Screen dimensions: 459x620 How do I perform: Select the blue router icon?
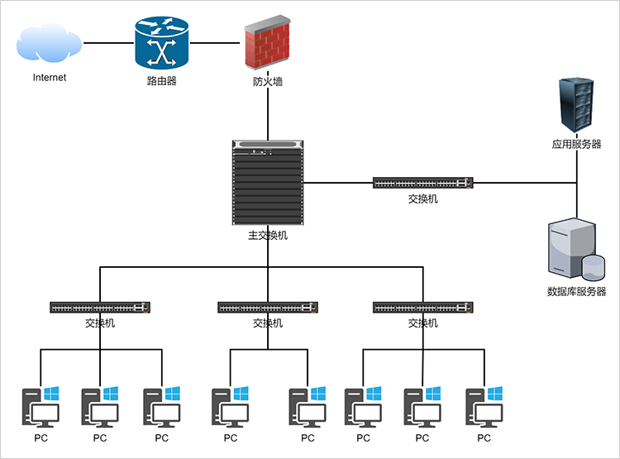(x=162, y=43)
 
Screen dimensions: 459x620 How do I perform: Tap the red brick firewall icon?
(x=268, y=45)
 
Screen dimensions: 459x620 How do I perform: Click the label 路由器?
(x=162, y=81)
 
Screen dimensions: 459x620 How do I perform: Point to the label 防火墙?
(x=268, y=82)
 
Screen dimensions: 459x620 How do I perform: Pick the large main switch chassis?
(x=268, y=183)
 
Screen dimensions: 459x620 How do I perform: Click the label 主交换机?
(x=268, y=236)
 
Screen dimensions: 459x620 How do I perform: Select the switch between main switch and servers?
(x=422, y=183)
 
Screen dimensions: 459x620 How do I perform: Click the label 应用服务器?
(x=577, y=144)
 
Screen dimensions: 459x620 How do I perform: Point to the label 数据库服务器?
(x=577, y=292)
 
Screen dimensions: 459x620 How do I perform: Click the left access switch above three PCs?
(x=100, y=308)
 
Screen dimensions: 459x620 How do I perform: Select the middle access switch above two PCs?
(x=268, y=308)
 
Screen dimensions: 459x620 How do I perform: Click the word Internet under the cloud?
(x=50, y=78)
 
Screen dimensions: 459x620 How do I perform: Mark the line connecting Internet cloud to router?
(x=108, y=43)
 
